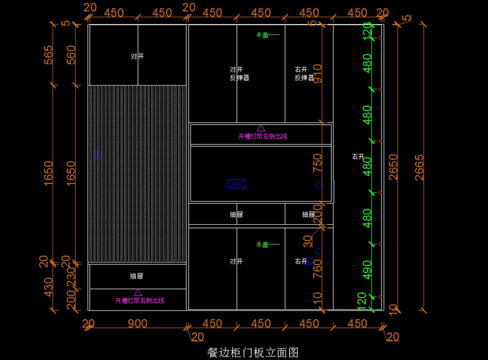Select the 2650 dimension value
click(x=392, y=167)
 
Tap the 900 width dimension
click(x=137, y=324)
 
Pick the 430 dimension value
click(x=48, y=287)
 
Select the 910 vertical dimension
click(x=317, y=73)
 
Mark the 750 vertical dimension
click(x=317, y=163)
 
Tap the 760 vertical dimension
click(x=317, y=269)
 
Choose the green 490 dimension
click(x=367, y=270)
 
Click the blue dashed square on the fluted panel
click(x=98, y=155)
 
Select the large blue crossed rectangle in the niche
click(x=237, y=184)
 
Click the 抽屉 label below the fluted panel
click(x=137, y=276)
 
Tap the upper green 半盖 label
click(x=262, y=35)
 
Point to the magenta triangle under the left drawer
click(x=138, y=292)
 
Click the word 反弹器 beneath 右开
click(x=304, y=78)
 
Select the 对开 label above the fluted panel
click(x=137, y=57)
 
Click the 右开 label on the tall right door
click(x=358, y=157)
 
